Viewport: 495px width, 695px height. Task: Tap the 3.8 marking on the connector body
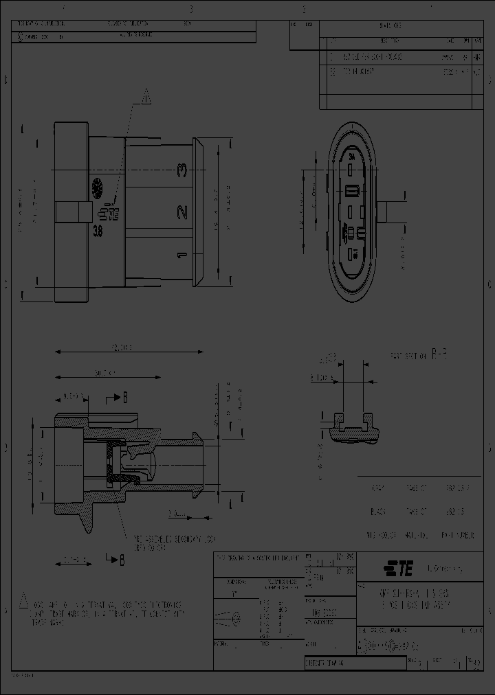99,232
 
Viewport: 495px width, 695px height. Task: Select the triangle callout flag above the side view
145,99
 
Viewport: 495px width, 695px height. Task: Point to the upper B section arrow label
124,397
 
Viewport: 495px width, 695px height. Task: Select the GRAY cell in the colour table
377,488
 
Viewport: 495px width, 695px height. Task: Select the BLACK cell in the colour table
377,512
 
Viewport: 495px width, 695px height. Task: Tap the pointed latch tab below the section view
88,519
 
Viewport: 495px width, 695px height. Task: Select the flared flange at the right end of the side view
199,212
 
